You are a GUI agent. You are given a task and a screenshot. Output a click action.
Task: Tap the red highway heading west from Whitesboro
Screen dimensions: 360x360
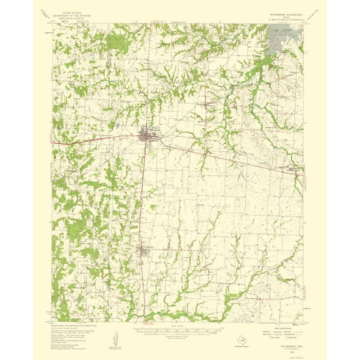(94, 139)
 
